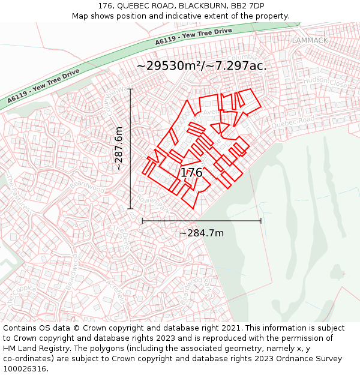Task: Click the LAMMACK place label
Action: click(310, 40)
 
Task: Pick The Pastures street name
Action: click(18, 191)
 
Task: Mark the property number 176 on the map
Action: click(191, 173)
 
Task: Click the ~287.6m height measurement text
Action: click(119, 148)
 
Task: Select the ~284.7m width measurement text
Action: click(202, 233)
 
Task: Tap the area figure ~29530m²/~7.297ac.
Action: click(202, 65)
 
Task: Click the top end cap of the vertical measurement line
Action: click(131, 89)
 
